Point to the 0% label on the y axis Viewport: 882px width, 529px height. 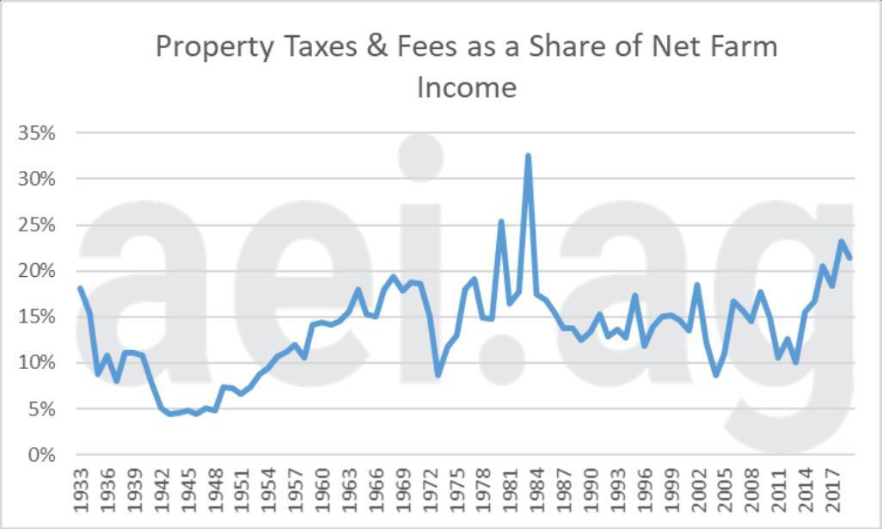point(42,455)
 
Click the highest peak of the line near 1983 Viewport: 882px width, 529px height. point(528,156)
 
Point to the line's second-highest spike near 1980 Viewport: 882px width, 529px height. point(501,221)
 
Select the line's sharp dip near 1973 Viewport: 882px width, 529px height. point(438,375)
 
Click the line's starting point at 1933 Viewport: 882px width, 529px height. point(80,287)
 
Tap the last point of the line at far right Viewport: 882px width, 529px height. point(850,257)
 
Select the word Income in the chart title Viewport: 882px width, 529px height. point(466,87)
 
